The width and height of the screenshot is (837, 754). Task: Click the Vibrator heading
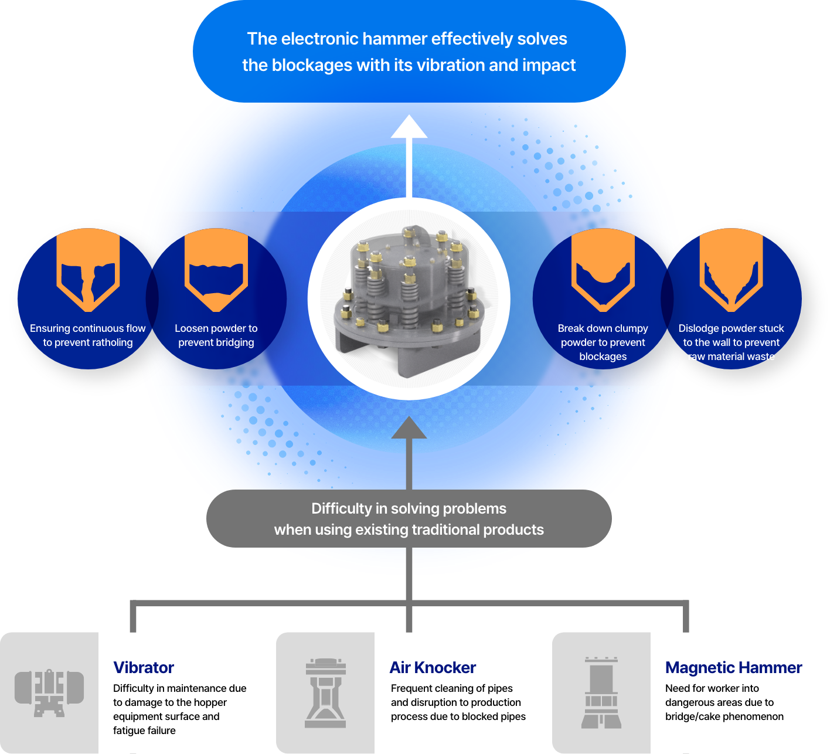coord(144,668)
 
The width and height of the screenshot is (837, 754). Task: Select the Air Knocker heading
coord(433,668)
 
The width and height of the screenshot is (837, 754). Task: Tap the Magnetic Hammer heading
coord(733,668)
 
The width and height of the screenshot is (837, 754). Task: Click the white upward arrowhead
coord(409,128)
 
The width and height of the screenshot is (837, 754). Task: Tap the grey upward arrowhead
coord(409,428)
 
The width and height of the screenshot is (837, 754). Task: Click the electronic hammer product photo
coord(409,299)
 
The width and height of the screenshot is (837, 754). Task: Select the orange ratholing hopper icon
coord(88,270)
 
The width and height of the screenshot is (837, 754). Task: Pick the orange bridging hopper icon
coord(216,270)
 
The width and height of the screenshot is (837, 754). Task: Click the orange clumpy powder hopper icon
coord(603,270)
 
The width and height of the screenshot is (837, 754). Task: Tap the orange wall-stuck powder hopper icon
coord(731,270)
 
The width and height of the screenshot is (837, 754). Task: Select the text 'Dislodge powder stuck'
coord(731,328)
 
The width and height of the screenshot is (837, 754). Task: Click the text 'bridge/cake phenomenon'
coord(724,716)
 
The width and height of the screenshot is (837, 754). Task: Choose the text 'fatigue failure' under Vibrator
coord(144,731)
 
